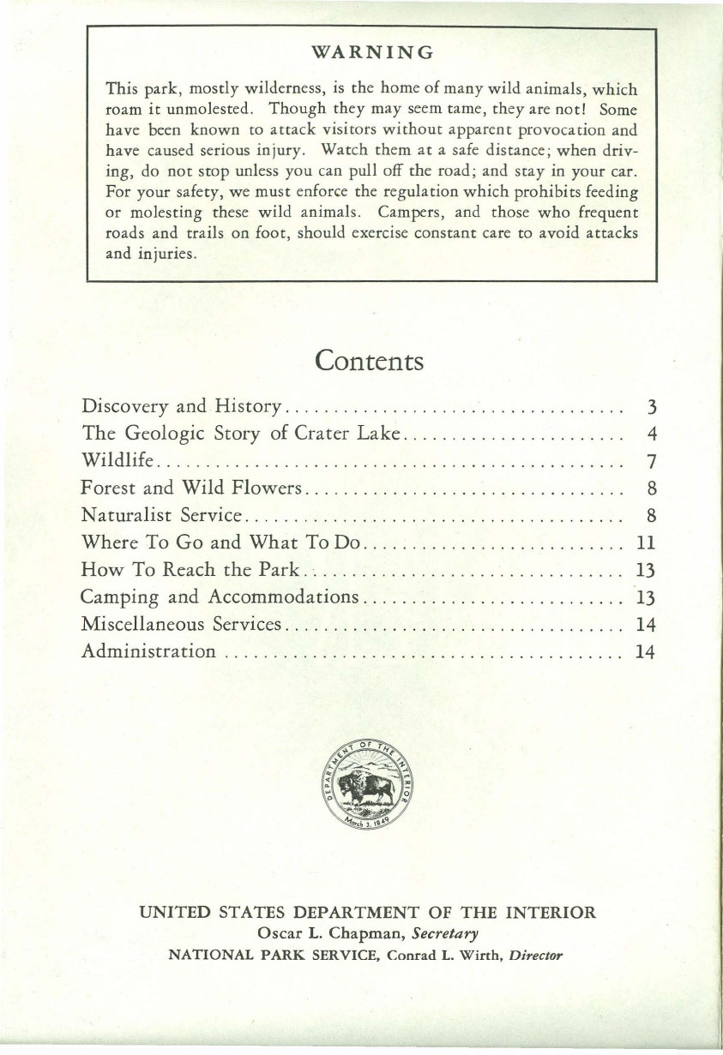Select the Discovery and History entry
[x=182, y=405]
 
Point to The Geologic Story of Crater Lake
[x=241, y=433]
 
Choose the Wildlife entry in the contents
[x=118, y=461]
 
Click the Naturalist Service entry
[x=164, y=516]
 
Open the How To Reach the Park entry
[x=190, y=571]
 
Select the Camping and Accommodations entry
[x=220, y=597]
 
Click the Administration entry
[x=148, y=652]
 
